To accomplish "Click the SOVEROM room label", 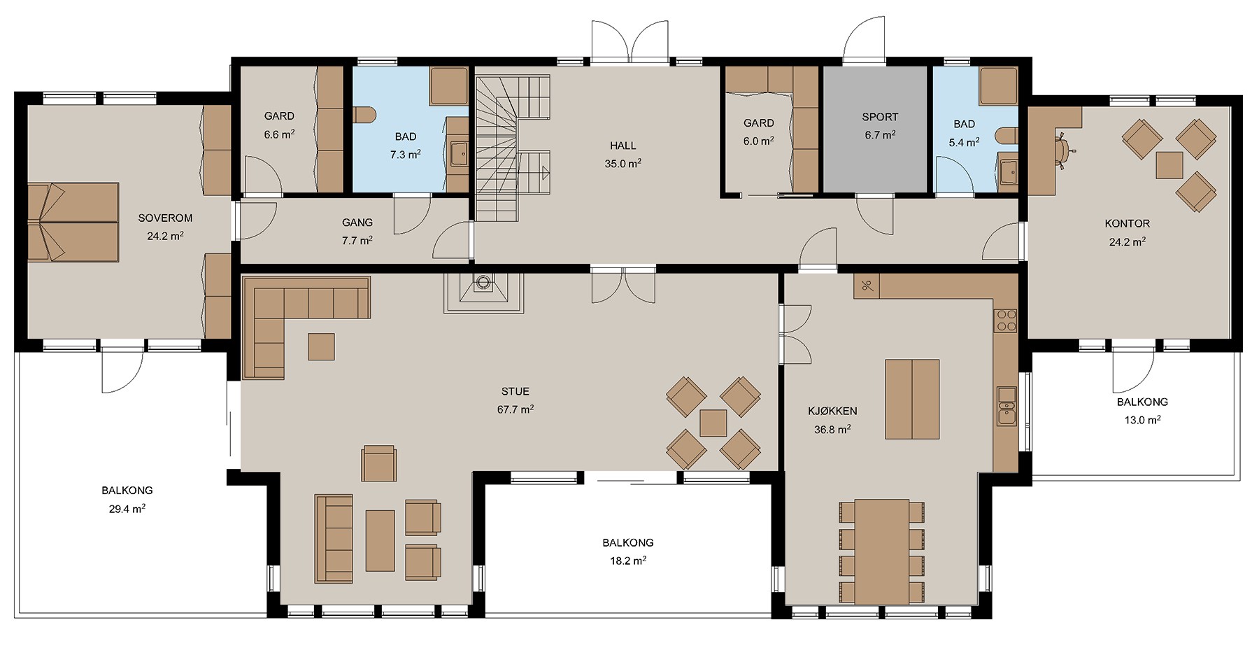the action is tap(165, 218).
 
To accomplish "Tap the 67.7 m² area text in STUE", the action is tap(515, 409).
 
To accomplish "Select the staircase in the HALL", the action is tap(513, 148).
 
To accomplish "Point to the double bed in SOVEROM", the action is tap(73, 223).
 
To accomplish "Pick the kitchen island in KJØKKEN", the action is tap(912, 399).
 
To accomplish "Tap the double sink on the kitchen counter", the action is tap(1007, 406).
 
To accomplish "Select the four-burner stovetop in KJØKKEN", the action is tap(1007, 321).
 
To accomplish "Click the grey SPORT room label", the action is tap(880, 117).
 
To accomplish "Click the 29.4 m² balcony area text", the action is tap(127, 509).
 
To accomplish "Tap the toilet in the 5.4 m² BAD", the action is tap(1007, 136).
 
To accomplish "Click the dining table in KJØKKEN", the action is tap(881, 551).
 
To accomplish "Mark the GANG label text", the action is tap(357, 223).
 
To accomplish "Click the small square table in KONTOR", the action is tap(1169, 165).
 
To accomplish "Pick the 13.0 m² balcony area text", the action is tap(1142, 421).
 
